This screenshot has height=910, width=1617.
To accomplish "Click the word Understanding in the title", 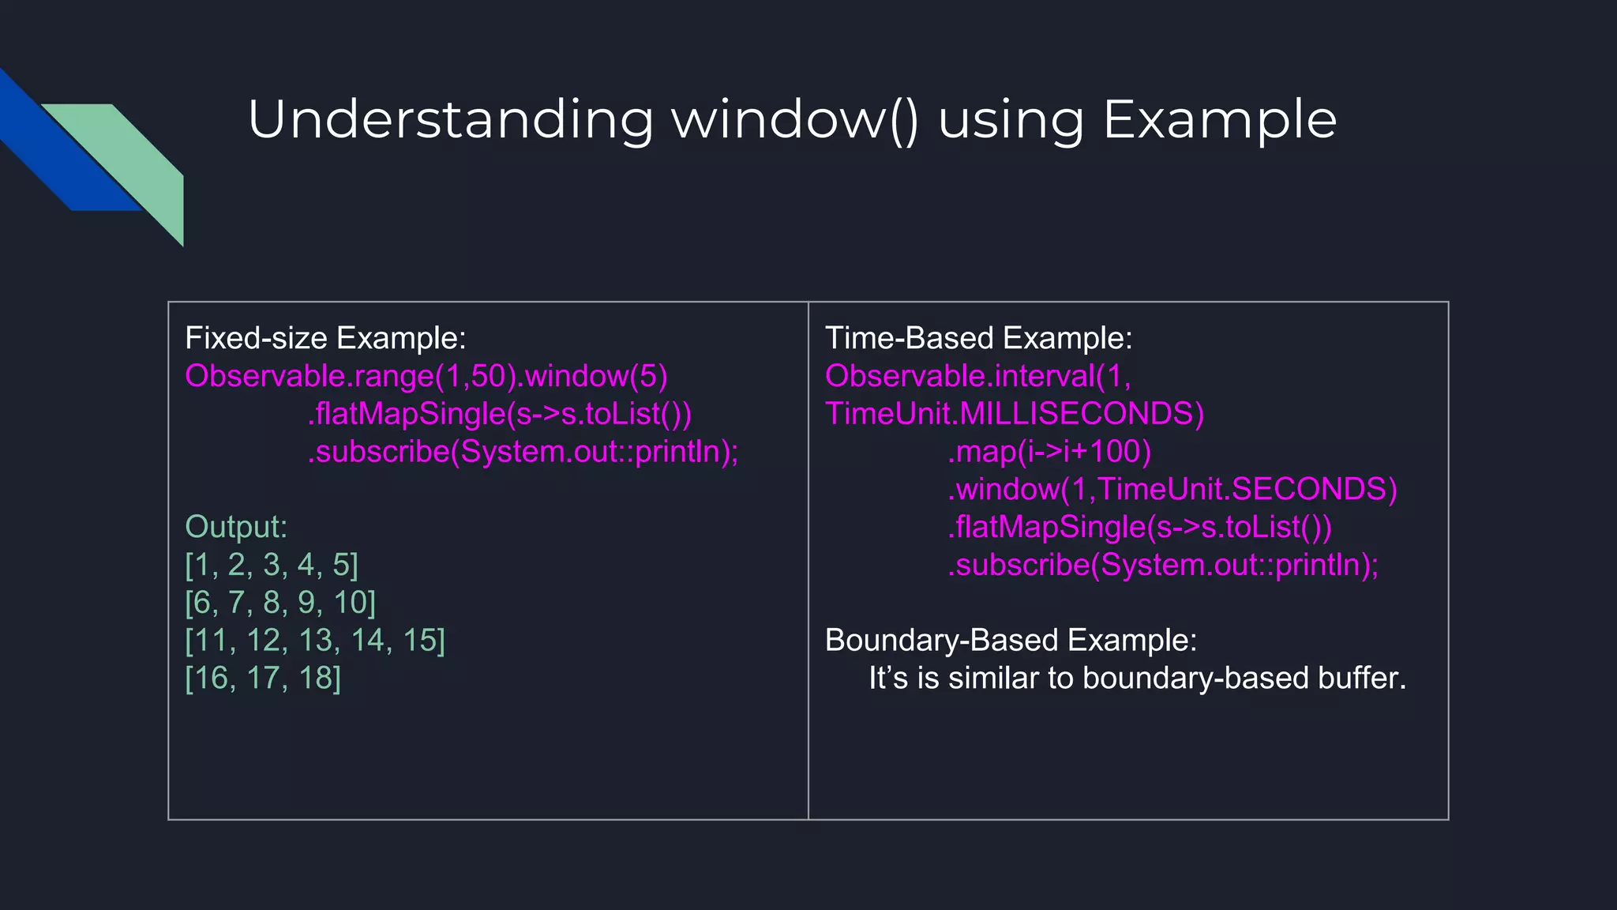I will pos(450,120).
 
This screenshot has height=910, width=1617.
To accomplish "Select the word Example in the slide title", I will pos(1219,120).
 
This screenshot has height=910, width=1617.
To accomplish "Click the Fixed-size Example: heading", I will pos(325,338).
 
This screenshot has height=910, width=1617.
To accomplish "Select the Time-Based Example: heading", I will pos(978,338).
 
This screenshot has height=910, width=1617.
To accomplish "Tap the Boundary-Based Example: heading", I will pos(1011,640).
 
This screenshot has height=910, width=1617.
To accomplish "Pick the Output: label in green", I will pos(236,527).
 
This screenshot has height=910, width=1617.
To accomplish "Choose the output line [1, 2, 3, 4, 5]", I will pos(272,565).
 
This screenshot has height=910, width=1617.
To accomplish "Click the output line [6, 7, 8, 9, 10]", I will pos(280,603).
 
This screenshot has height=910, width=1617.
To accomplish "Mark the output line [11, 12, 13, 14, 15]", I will pos(315,641).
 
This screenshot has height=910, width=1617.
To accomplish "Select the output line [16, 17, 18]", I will pos(263,679).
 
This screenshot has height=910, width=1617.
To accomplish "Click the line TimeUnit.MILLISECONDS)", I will pos(1015,414).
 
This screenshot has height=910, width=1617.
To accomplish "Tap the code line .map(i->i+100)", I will pos(1049,452).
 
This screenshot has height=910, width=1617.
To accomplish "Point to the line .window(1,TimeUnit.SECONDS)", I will pos(1172,490).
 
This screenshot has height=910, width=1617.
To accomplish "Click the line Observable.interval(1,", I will pos(977,376).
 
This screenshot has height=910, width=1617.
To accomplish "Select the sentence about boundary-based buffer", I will pos(1137,679).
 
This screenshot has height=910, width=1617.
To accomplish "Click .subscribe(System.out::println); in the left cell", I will pos(523,452).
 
